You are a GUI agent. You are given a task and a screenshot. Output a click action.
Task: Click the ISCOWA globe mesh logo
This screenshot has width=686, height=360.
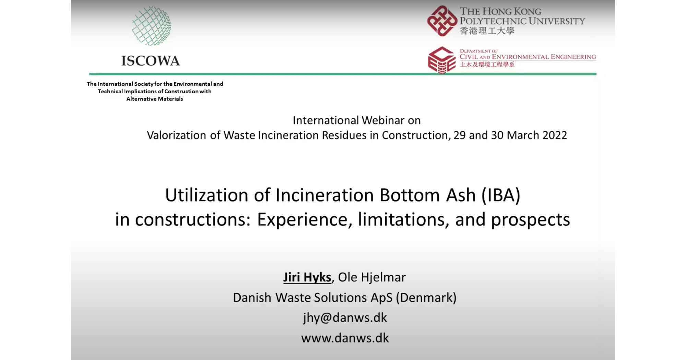pos(152,26)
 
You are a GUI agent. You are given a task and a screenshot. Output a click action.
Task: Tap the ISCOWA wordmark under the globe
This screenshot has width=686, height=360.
pos(151,61)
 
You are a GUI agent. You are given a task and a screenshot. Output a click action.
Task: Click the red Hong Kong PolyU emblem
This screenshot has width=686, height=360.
pos(442,21)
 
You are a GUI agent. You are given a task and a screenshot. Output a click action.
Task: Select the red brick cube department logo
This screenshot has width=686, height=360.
pos(442,60)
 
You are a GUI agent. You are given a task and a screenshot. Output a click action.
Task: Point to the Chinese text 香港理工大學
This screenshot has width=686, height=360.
pos(487,31)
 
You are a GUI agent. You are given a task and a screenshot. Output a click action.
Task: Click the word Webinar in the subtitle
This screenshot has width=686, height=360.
pos(383,120)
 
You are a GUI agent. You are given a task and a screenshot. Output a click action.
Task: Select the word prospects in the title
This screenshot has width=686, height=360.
pos(530,220)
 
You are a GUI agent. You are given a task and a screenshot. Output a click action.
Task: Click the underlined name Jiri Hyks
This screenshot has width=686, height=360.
pos(307,277)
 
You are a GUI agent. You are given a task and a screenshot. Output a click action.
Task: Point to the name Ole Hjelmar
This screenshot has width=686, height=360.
pos(372,277)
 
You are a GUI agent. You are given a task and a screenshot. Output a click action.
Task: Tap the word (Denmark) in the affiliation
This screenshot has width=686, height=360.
pos(426,298)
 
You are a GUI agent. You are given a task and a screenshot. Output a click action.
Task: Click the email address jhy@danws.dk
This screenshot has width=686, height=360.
pos(345,318)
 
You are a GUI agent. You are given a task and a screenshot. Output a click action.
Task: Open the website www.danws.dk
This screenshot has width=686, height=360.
pos(345,338)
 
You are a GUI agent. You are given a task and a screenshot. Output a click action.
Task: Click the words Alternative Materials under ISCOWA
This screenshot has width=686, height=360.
pos(155,99)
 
